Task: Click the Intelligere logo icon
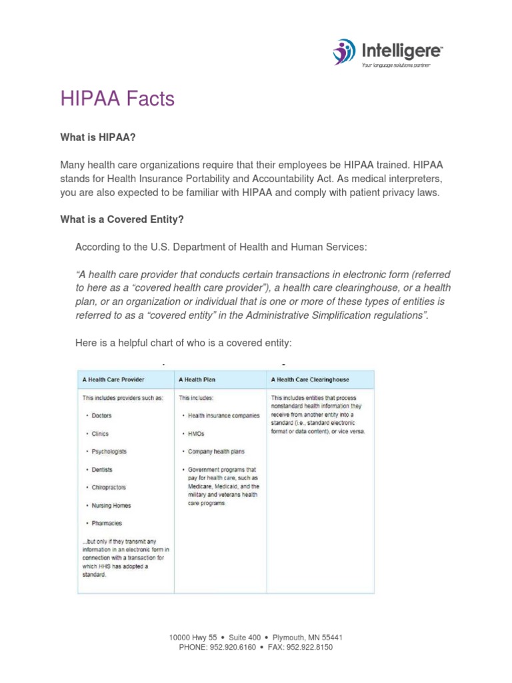pyautogui.click(x=345, y=51)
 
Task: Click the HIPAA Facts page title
pyautogui.click(x=117, y=99)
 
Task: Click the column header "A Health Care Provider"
pyautogui.click(x=113, y=380)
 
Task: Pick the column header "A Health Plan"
pyautogui.click(x=197, y=380)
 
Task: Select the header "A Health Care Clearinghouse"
pyautogui.click(x=310, y=380)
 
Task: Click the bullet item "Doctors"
pyautogui.click(x=102, y=416)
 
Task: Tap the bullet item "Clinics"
pyautogui.click(x=100, y=434)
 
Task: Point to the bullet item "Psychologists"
pyautogui.click(x=109, y=452)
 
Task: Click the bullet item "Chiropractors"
pyautogui.click(x=109, y=488)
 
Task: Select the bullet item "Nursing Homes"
pyautogui.click(x=111, y=506)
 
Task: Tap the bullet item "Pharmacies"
pyautogui.click(x=107, y=524)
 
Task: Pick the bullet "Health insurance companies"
pyautogui.click(x=224, y=416)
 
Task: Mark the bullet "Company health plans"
pyautogui.click(x=215, y=452)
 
